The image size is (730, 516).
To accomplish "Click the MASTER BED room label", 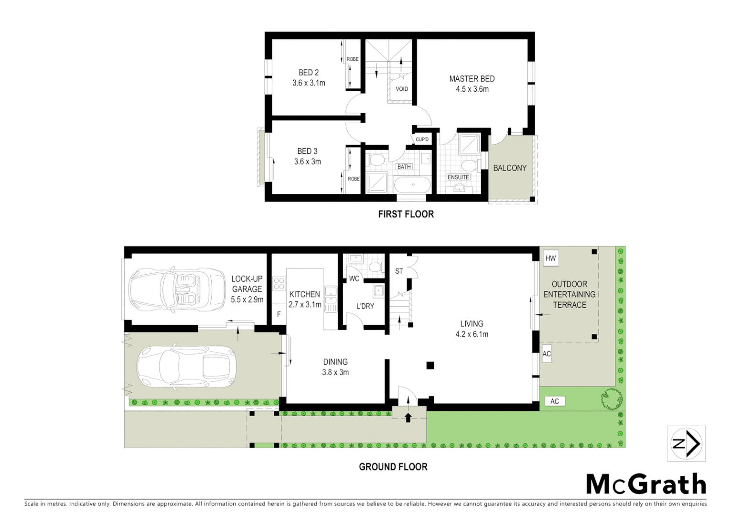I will click(472, 79).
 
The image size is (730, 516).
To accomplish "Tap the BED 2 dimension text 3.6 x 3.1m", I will click(309, 83).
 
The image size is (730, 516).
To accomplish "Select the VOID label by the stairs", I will click(402, 89).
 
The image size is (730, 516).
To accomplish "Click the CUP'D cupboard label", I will click(422, 140).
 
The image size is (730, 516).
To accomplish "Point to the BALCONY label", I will click(510, 168).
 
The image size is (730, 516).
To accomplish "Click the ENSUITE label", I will click(458, 177).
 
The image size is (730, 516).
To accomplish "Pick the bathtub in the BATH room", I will click(412, 185).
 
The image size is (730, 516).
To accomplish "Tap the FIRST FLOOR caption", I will click(406, 215).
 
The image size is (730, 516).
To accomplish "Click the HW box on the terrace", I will click(551, 258).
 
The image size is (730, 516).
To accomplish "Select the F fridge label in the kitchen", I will click(279, 314).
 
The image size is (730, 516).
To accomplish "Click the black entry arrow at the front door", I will click(408, 418).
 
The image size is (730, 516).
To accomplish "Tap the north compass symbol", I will click(686, 444).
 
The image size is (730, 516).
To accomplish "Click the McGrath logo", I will click(646, 484).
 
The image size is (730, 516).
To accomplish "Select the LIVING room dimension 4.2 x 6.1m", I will click(472, 334).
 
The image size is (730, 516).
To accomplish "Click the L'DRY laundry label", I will click(365, 306).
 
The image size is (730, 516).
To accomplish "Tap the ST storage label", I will click(399, 271).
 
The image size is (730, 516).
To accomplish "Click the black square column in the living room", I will click(430, 365).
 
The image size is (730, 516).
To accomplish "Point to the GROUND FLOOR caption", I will click(393, 467).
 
